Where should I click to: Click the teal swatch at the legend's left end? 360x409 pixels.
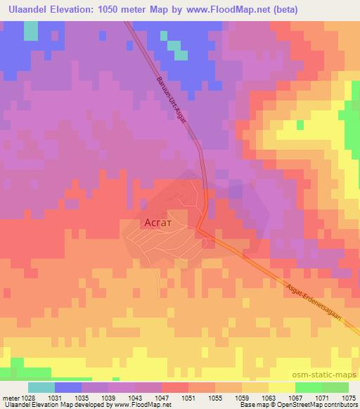pos(41,387)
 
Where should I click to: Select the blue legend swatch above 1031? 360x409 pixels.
pos(68,387)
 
